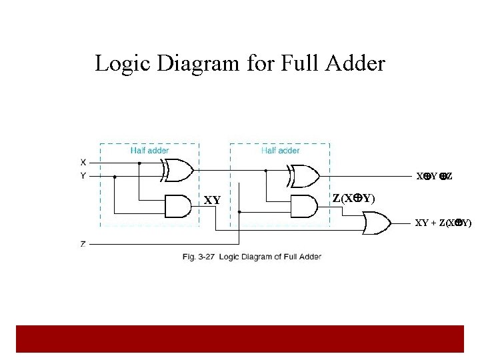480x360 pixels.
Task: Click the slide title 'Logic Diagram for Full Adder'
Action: pyautogui.click(x=240, y=63)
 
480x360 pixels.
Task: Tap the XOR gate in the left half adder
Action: pyautogui.click(x=178, y=171)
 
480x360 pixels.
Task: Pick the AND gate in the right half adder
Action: pyautogui.click(x=303, y=207)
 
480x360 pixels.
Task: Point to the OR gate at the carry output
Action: pyautogui.click(x=377, y=223)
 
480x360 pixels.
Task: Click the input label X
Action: pyautogui.click(x=83, y=162)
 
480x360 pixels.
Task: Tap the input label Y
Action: pyautogui.click(x=83, y=176)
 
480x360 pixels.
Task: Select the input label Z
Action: pyautogui.click(x=83, y=244)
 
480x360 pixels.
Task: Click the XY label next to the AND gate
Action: pyautogui.click(x=212, y=200)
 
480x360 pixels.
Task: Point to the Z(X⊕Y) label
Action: pyautogui.click(x=353, y=199)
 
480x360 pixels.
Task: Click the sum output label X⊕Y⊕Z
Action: pyautogui.click(x=435, y=177)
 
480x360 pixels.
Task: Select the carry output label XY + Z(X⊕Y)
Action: pyautogui.click(x=443, y=223)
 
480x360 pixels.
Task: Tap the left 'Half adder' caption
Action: pyautogui.click(x=149, y=151)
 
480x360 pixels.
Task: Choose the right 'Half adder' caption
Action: pyautogui.click(x=280, y=151)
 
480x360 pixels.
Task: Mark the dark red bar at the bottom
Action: pyautogui.click(x=240, y=339)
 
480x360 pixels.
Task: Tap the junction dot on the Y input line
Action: pyautogui.click(x=115, y=177)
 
